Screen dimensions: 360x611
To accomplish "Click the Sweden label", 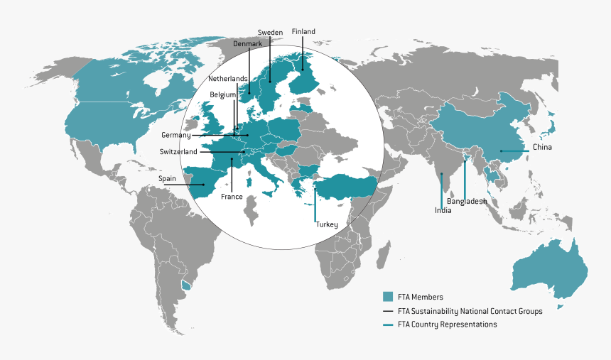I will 270,33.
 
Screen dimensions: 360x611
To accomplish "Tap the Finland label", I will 303,32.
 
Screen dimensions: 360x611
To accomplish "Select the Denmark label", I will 248,44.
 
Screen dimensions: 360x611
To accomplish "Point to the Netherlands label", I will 228,79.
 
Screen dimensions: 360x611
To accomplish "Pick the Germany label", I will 175,135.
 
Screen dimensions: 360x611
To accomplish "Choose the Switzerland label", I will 178,152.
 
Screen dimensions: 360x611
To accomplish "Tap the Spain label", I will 167,179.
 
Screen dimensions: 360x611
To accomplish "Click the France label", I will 232,196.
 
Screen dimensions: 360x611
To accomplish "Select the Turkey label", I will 327,224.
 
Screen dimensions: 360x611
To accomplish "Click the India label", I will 443,210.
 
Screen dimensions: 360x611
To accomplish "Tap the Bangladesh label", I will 467,202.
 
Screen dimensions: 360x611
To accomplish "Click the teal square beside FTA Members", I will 387,297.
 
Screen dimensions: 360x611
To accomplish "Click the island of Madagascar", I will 384,253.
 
